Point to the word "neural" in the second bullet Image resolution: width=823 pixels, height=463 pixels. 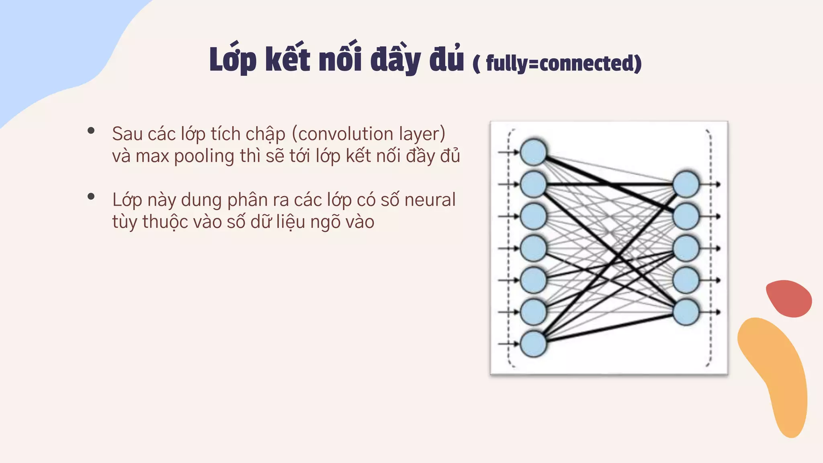point(430,200)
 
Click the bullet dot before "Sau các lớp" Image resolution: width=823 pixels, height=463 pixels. point(91,131)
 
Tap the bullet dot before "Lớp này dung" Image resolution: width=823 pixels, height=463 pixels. point(91,197)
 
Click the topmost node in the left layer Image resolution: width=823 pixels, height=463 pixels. point(533,152)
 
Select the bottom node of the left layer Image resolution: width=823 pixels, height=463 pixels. point(533,344)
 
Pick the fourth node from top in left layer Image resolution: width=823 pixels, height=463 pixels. point(533,248)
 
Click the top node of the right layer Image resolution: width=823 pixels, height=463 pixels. point(686,184)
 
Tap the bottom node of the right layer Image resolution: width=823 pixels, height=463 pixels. point(686,312)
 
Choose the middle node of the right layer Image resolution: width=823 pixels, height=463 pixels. point(686,248)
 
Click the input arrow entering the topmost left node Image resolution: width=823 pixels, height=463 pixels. point(508,152)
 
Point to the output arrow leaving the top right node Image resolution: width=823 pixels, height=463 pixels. point(711,184)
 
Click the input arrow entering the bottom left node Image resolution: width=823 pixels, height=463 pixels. point(508,344)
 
